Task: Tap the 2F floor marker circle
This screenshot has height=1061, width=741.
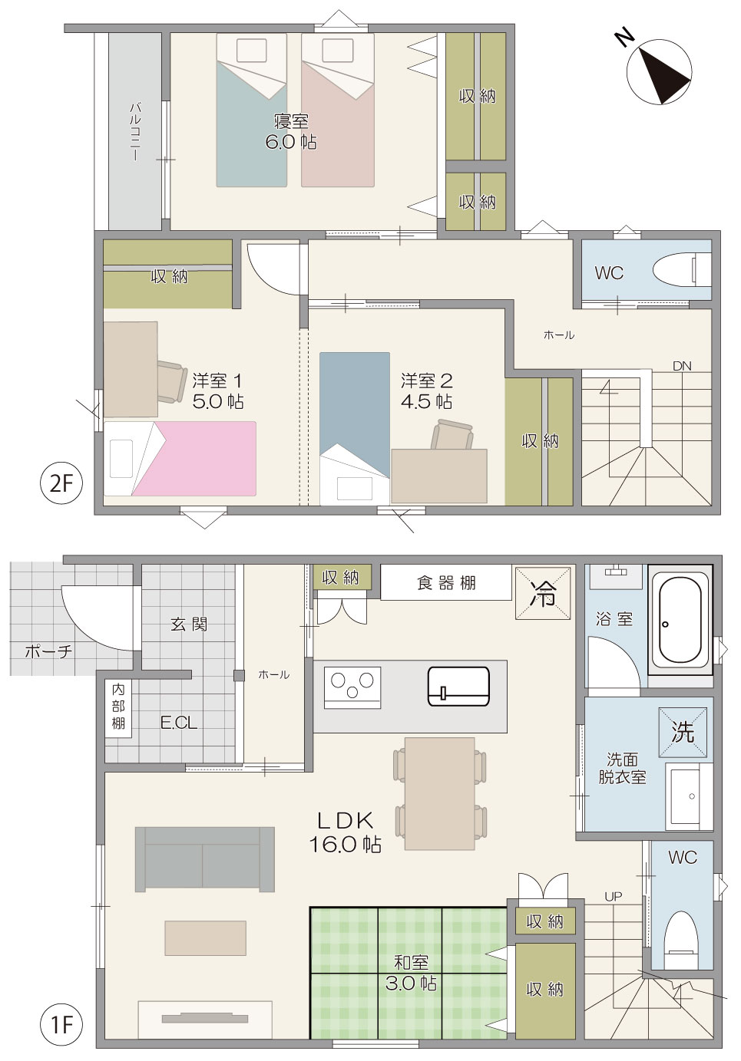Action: pyautogui.click(x=62, y=484)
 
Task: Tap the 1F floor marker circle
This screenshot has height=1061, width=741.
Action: pyautogui.click(x=62, y=1025)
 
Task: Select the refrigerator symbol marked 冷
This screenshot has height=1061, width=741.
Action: pyautogui.click(x=544, y=593)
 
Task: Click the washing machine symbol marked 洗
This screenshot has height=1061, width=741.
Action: pyautogui.click(x=683, y=733)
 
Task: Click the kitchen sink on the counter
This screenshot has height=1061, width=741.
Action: pyautogui.click(x=459, y=687)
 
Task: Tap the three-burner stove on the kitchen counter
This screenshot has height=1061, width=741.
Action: pyautogui.click(x=352, y=687)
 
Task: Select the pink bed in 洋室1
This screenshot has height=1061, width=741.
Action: pyautogui.click(x=180, y=459)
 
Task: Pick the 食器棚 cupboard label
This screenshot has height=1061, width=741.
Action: pyautogui.click(x=446, y=583)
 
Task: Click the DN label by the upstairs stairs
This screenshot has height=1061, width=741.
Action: pyautogui.click(x=682, y=366)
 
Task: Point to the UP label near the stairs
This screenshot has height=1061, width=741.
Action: pyautogui.click(x=614, y=897)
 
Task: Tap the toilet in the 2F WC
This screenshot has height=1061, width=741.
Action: pyautogui.click(x=682, y=269)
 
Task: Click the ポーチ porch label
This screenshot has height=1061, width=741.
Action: pyautogui.click(x=48, y=651)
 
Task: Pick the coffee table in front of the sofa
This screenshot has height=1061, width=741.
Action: pyautogui.click(x=205, y=938)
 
